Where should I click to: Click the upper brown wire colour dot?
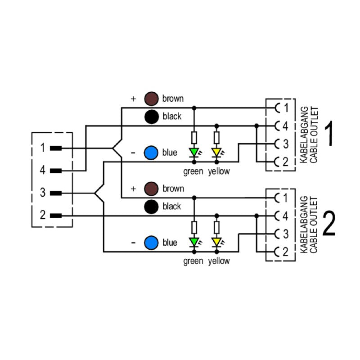coord(151,98)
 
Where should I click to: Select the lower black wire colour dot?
coord(151,207)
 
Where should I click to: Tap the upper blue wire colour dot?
coord(151,153)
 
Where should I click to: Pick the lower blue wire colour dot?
coord(151,243)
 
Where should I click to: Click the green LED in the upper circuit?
coord(194,152)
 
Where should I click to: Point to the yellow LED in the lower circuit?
coord(217,242)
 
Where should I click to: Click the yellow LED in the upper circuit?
coord(217,152)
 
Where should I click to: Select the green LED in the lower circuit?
coord(194,242)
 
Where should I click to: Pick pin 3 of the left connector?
coord(56,193)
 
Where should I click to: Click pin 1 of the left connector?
coord(56,148)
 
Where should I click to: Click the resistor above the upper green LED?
coord(194,137)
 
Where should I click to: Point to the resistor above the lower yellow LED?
coord(217,227)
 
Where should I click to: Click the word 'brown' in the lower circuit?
coord(173,189)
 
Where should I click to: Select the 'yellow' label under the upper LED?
coord(219,171)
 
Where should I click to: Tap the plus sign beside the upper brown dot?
coord(133,99)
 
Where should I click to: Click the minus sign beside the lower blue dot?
coord(133,243)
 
